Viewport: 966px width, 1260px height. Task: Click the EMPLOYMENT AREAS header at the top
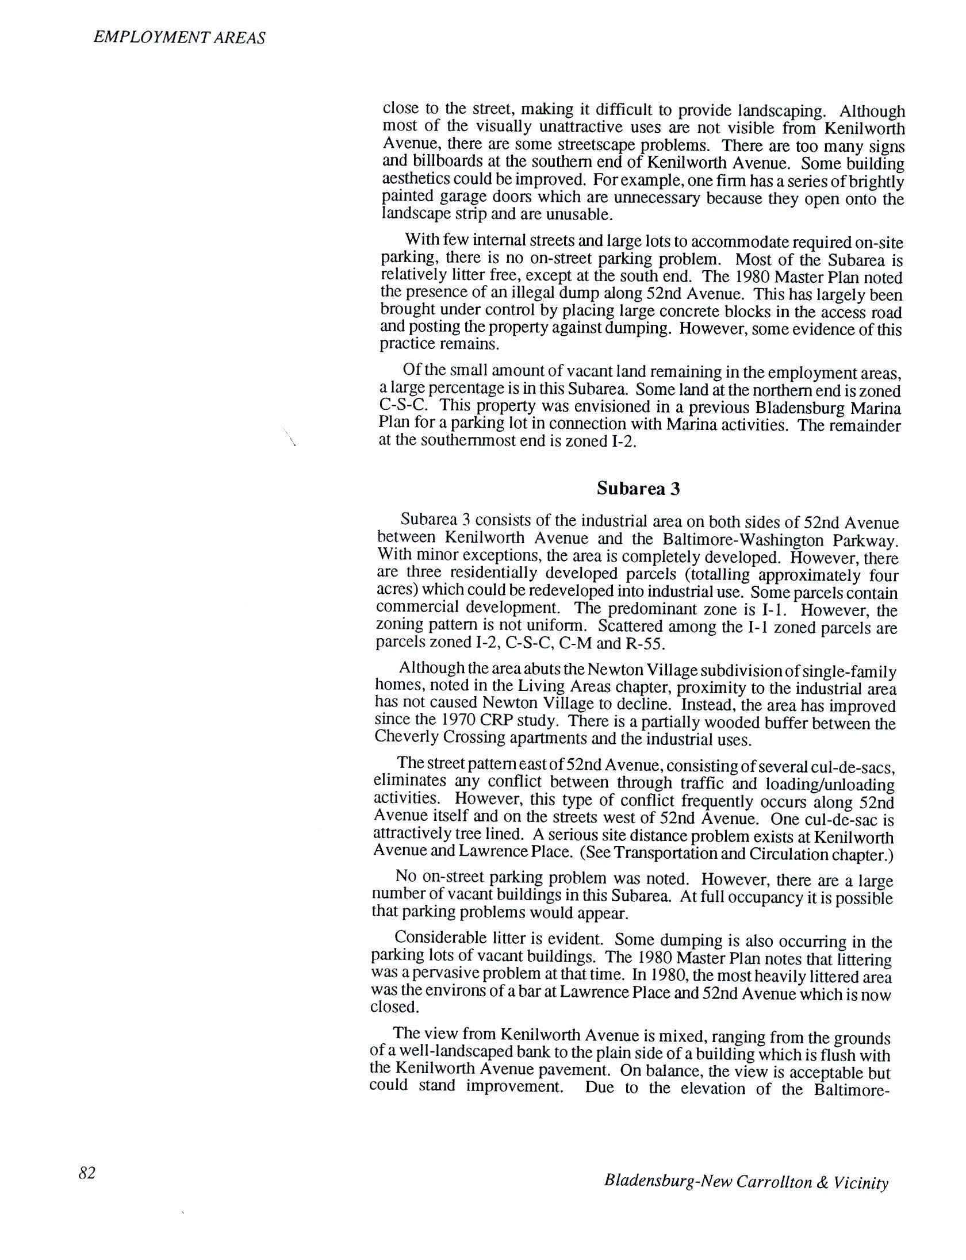tap(179, 38)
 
